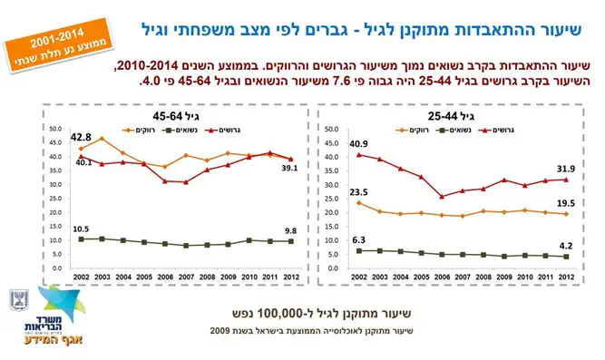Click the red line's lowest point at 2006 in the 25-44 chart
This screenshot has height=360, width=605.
(x=442, y=196)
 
